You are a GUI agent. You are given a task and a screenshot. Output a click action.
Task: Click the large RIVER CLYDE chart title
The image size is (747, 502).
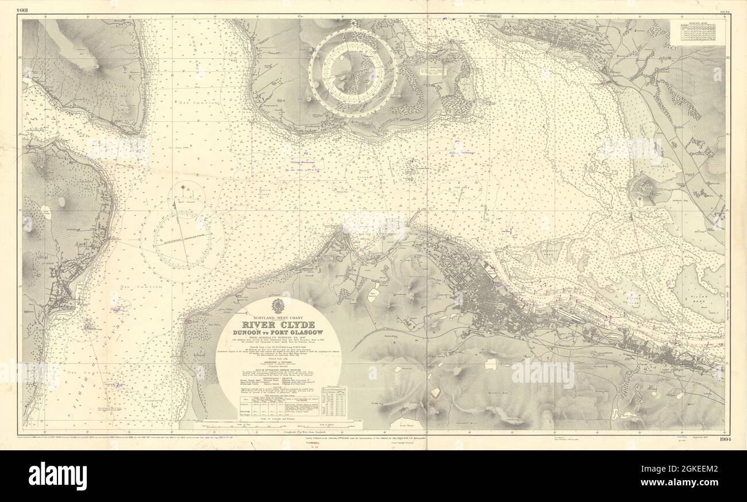[278, 324]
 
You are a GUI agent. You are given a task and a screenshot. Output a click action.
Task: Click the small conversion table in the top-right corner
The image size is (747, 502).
[697, 33]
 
